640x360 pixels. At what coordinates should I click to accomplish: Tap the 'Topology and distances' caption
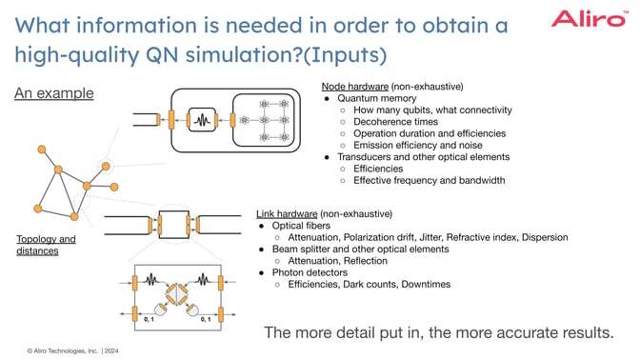[x=46, y=245]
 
